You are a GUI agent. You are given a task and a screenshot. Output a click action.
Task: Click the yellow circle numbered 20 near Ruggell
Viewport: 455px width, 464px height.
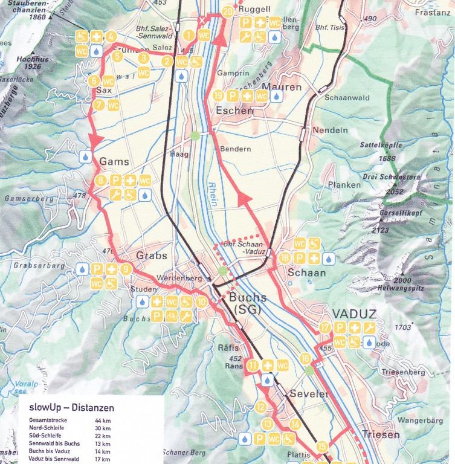click(x=228, y=11)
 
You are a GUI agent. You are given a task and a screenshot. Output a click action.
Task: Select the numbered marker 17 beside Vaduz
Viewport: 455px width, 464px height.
click(x=326, y=328)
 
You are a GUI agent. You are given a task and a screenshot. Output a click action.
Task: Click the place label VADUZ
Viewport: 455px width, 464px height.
click(x=354, y=314)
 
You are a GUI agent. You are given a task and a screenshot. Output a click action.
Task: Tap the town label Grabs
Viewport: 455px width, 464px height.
click(x=151, y=256)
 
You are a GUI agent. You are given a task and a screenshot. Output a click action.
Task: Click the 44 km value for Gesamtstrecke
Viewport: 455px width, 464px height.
click(x=102, y=420)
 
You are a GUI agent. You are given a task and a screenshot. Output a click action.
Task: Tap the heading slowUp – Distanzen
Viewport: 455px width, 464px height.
click(x=71, y=408)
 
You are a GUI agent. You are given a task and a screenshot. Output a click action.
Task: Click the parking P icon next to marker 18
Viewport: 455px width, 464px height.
click(x=299, y=259)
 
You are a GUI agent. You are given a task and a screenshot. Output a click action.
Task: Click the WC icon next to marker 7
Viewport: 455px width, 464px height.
click(x=113, y=105)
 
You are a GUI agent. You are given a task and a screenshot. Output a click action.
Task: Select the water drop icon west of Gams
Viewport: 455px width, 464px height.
click(x=85, y=157)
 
